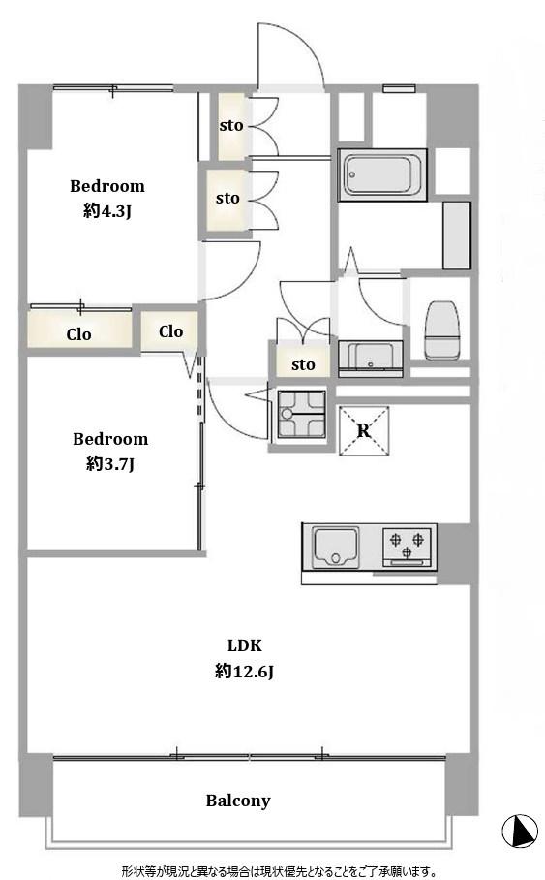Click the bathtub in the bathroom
[382, 174]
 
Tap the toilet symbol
[441, 330]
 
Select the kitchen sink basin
[335, 547]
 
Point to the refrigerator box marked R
[364, 430]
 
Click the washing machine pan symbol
[302, 415]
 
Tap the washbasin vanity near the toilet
[371, 358]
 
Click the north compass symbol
[520, 831]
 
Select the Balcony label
[238, 801]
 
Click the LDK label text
[245, 645]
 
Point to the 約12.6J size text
[244, 672]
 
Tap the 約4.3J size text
[107, 211]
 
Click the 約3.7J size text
[110, 464]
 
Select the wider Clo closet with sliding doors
[80, 329]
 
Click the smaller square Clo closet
[169, 331]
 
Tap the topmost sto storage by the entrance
[231, 126]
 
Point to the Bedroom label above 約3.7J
[110, 438]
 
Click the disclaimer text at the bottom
[279, 871]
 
